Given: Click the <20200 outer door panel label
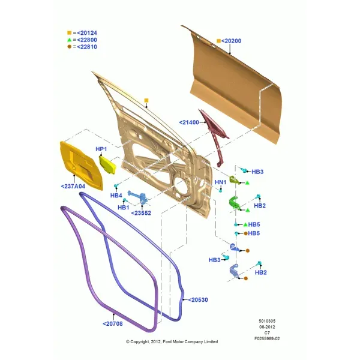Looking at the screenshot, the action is point(231,41).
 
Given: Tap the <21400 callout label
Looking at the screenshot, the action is point(189,122).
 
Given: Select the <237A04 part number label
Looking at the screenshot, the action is point(73,186).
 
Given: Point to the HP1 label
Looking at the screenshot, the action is point(101,149).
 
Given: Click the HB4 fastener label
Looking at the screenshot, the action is point(116,196).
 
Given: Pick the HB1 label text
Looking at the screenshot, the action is point(123,208).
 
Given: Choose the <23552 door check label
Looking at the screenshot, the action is point(141,213).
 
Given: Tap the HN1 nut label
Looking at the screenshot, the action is point(220,182).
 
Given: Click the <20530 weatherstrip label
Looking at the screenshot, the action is point(198,300).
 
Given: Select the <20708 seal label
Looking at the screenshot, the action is point(113,324).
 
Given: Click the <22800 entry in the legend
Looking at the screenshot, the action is point(87,40).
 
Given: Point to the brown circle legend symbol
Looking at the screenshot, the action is point(70,47).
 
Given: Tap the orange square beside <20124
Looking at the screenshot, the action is point(70,33).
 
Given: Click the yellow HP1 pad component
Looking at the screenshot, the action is point(107,164).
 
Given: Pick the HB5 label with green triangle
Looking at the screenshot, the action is point(254,224).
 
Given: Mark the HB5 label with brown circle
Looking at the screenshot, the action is point(254,233).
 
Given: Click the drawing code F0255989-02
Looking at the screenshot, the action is point(267,338).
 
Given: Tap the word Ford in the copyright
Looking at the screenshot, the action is point(167,342).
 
